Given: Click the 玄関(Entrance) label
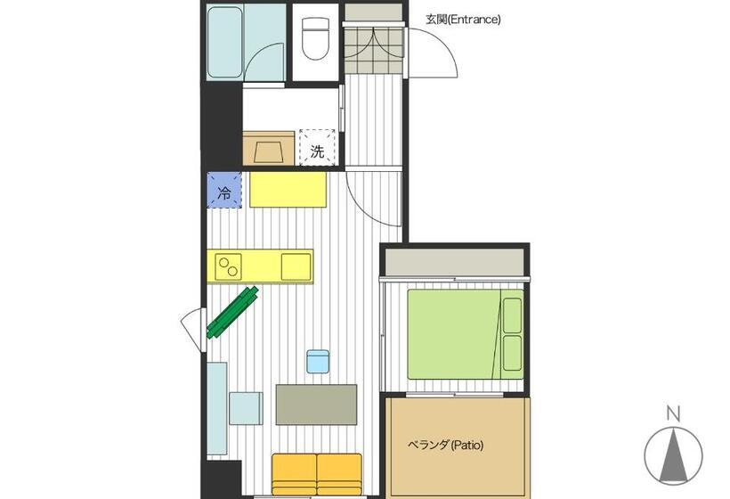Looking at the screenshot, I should (463, 19).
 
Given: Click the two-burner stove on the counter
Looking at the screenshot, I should (230, 266).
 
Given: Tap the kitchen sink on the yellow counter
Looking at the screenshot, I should (296, 266).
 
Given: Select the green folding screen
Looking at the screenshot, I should (232, 313).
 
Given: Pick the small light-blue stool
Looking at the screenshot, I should (319, 361).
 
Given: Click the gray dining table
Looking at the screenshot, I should (316, 405).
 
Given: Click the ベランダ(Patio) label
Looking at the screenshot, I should (445, 444).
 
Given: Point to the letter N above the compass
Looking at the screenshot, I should (673, 413).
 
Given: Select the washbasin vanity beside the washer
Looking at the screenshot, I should (269, 149).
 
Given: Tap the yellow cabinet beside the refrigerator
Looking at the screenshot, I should (287, 189).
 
